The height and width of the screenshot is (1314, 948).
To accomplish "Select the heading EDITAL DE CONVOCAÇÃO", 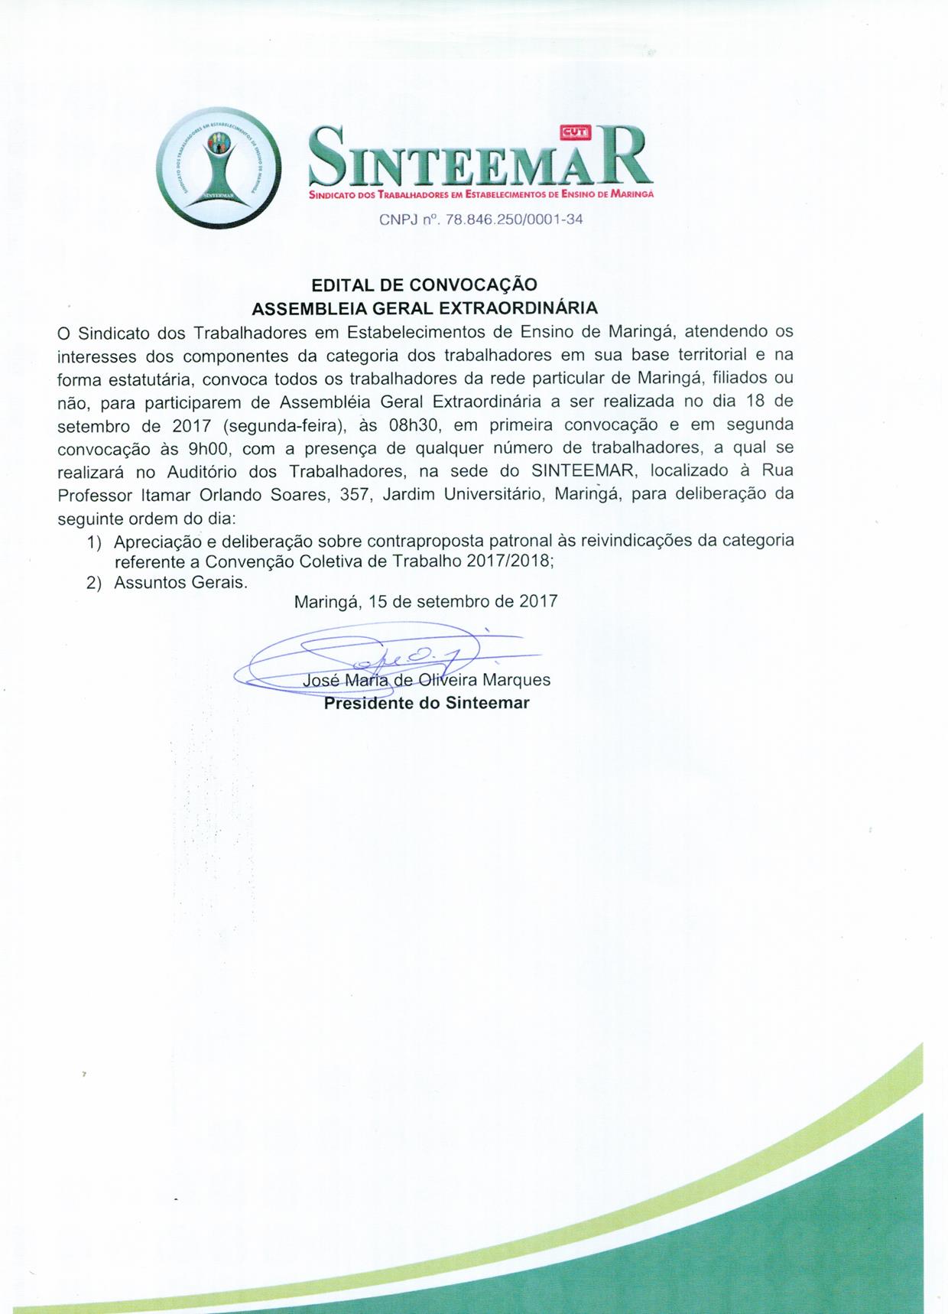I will click(424, 285).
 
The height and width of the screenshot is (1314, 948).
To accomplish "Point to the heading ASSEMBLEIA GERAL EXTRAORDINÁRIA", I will click(424, 308).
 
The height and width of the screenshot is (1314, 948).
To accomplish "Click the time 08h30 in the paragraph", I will click(412, 424).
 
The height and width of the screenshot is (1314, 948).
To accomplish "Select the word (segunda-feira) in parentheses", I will click(277, 424).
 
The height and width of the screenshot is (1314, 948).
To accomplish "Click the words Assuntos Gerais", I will click(180, 583).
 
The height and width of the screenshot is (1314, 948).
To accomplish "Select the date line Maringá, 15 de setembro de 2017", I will click(426, 601).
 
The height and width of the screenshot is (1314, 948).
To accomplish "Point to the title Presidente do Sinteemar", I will click(427, 703).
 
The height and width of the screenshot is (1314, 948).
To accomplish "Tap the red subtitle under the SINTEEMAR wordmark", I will click(481, 196).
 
